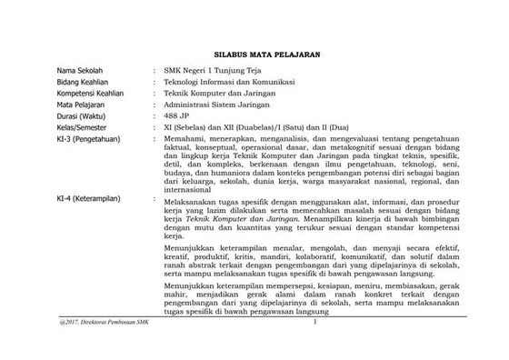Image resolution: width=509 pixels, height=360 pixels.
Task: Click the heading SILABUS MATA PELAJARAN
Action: [x=254, y=55]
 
